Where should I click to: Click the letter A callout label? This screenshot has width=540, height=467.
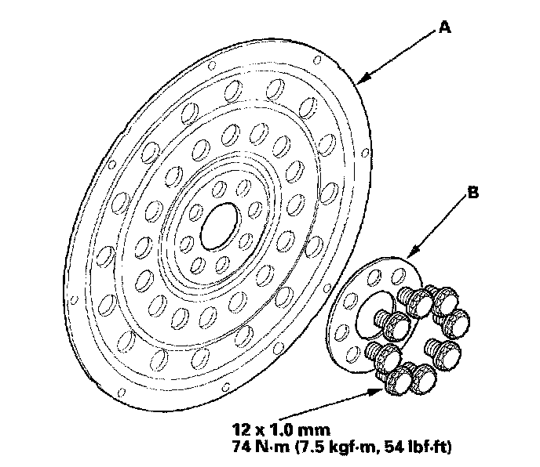pos(444,27)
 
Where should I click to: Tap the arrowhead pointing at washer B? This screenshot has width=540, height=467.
pos(410,255)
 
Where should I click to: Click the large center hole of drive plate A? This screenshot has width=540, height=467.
pos(219,222)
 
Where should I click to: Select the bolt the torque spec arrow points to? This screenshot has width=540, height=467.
pos(396,379)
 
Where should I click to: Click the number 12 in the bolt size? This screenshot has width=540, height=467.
pos(240,430)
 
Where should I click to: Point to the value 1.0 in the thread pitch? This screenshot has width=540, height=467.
pos(276,430)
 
